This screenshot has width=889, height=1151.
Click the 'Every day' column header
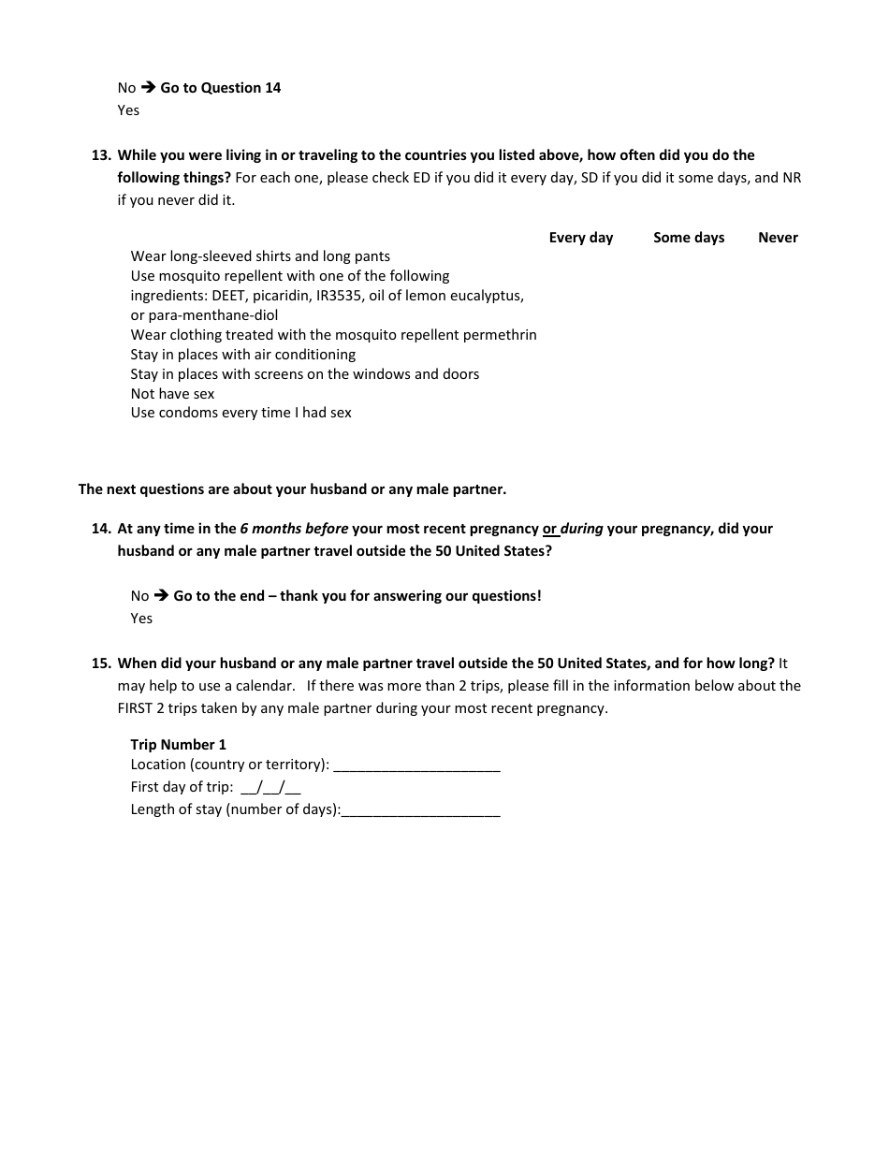[580, 238]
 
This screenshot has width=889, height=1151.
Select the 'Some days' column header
[689, 238]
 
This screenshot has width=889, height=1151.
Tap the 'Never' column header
[778, 238]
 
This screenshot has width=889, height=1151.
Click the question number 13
[101, 155]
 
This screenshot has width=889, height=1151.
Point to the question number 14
[101, 529]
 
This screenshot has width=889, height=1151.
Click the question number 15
[101, 663]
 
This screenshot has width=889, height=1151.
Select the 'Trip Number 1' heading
[178, 745]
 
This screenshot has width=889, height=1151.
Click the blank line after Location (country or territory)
[416, 765]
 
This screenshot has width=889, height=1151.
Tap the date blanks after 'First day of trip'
[270, 787]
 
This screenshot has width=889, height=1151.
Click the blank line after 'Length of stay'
[421, 810]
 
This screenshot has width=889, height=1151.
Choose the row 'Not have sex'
[172, 394]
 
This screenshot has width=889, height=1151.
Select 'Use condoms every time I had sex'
[240, 413]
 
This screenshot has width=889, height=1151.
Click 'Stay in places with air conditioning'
[242, 355]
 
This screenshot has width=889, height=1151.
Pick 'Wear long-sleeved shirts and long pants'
[260, 256]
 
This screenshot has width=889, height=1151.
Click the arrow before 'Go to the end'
[161, 596]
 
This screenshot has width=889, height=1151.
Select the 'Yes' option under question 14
[141, 619]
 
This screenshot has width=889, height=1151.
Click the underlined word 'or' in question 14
[550, 529]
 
